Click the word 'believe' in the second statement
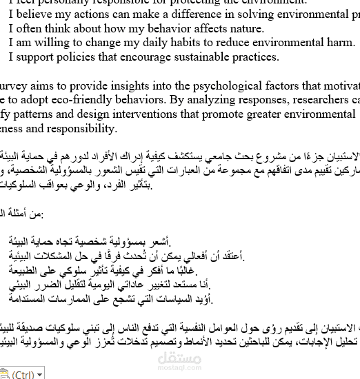coord(34,14)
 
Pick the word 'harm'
coord(341,43)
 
